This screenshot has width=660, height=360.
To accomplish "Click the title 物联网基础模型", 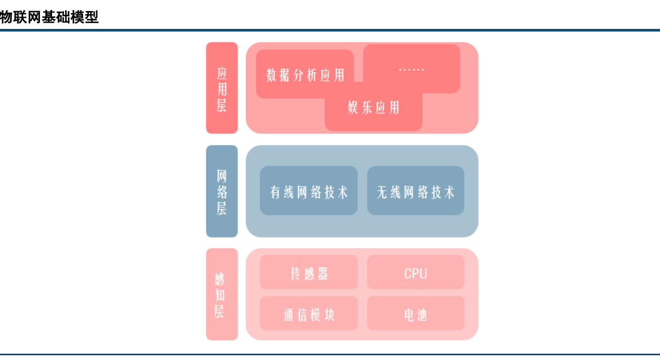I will (49, 17).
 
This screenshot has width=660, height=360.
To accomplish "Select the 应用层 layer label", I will (222, 88).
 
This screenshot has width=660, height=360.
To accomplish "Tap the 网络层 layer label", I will (222, 191).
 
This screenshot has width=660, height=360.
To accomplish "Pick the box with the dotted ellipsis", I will (411, 69).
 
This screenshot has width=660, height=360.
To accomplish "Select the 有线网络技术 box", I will (309, 191).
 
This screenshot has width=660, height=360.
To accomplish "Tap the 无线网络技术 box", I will (416, 191).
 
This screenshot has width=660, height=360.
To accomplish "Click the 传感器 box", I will (309, 273).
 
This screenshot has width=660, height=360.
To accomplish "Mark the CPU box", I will (416, 273).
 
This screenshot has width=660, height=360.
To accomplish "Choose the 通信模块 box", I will (309, 314).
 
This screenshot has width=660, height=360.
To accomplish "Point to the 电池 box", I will (416, 314).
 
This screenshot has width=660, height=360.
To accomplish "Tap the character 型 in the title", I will (92, 17).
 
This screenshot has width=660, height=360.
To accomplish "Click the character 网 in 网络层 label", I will (222, 176).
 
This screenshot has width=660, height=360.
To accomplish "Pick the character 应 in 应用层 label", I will (222, 73).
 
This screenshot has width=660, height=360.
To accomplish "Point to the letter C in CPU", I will (408, 273).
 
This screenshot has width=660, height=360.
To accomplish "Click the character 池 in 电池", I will (422, 315).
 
